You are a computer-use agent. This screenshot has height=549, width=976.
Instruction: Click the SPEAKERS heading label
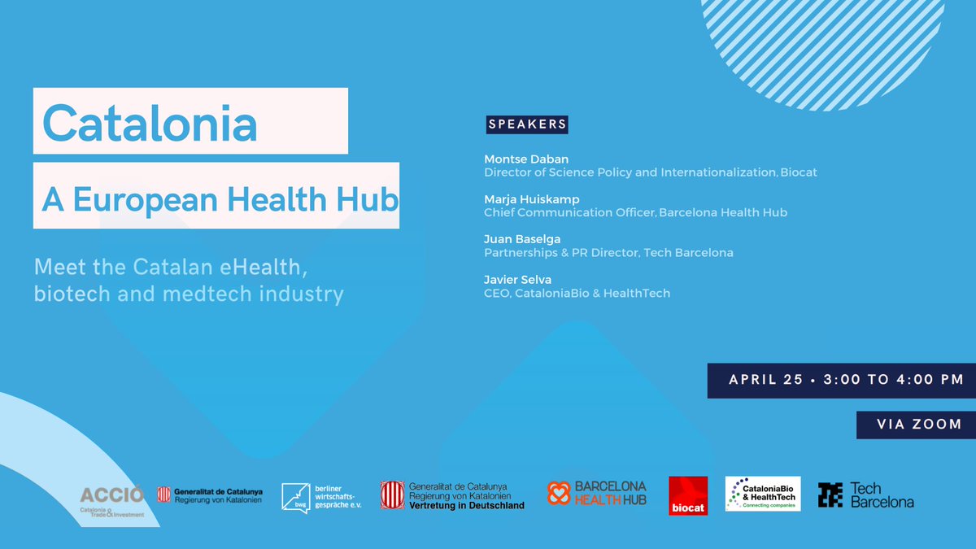(x=527, y=124)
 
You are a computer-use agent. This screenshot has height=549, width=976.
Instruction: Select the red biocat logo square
(x=688, y=495)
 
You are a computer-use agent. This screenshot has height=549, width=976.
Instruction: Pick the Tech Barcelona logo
(x=865, y=495)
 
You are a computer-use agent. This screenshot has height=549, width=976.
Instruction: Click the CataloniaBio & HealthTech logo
(x=762, y=494)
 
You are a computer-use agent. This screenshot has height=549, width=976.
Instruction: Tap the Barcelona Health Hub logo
(x=597, y=494)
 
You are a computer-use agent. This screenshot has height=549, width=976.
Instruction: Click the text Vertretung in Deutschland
(x=466, y=505)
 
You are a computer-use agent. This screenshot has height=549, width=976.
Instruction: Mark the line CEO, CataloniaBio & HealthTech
(x=577, y=293)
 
